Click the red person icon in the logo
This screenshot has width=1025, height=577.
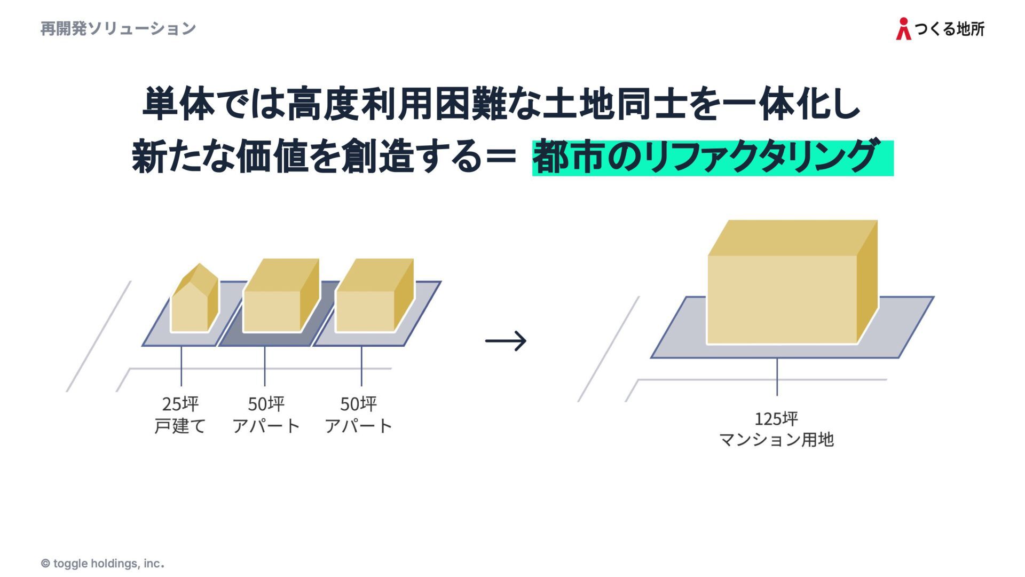(x=903, y=29)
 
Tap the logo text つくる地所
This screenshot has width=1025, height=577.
(x=950, y=29)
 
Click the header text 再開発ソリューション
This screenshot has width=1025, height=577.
(x=118, y=28)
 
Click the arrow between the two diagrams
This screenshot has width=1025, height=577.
(x=506, y=341)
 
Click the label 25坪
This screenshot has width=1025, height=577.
(x=180, y=404)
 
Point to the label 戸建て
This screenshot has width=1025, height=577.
(x=180, y=426)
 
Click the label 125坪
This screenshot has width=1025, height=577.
(x=776, y=418)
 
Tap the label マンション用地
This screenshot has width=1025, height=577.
(x=776, y=440)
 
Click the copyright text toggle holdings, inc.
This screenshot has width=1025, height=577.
(x=102, y=564)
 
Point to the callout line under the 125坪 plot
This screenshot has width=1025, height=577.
(x=777, y=377)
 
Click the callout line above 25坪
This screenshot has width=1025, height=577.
(x=181, y=366)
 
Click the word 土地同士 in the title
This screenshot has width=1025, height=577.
(x=614, y=104)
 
